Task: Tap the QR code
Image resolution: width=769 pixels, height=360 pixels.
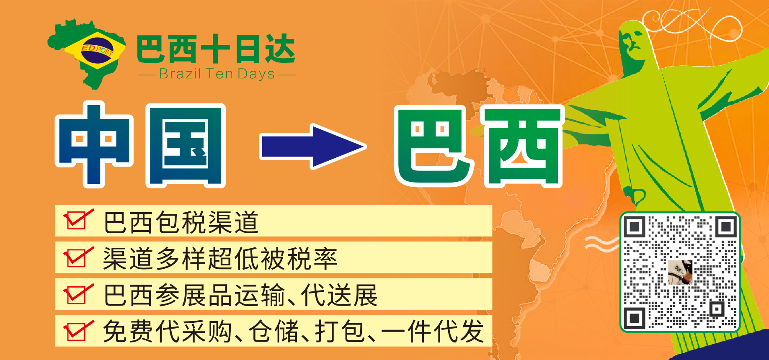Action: tap(680, 272)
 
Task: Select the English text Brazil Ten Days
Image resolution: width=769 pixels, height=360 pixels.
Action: tap(217, 74)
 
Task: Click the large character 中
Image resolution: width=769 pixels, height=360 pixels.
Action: tap(94, 144)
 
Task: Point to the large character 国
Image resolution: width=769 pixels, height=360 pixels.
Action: tap(186, 145)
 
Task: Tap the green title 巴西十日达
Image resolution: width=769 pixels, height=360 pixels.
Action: tap(216, 49)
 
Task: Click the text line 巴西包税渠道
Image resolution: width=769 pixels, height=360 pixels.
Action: tap(181, 222)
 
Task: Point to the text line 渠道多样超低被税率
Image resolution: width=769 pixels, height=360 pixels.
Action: tap(220, 259)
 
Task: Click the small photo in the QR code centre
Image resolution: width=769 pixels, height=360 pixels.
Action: tap(680, 272)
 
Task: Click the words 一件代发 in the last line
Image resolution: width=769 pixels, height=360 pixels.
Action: tap(433, 332)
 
